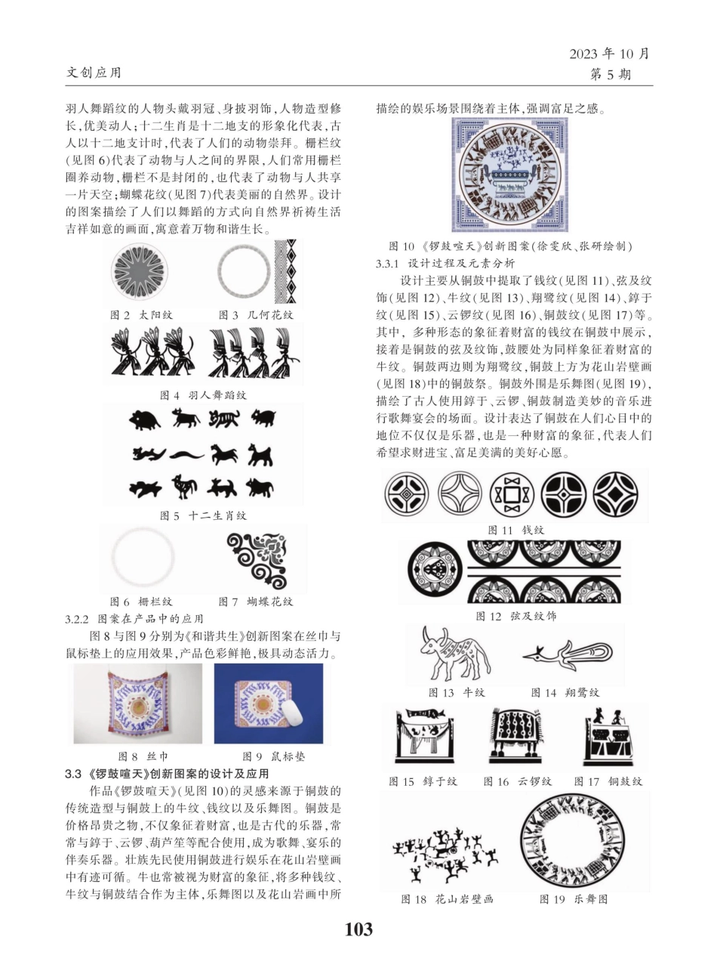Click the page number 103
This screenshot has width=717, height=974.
point(358,929)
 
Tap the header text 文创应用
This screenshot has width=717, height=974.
point(94,73)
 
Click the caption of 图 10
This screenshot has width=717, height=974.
point(509,246)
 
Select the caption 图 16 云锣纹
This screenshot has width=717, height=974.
point(518,781)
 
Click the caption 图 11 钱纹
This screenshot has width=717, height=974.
point(515,530)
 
